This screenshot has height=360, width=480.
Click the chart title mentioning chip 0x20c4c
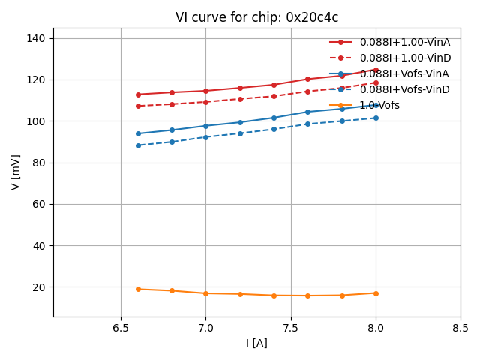256,17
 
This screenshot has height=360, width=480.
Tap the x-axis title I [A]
256,343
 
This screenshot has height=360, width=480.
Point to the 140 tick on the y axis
39,38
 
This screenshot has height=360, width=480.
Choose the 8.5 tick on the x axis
460,328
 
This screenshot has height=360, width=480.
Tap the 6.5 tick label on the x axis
121,328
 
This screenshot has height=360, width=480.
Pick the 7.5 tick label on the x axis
291,328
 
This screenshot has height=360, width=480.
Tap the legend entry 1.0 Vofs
379,105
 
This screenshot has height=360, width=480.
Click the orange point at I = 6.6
138,289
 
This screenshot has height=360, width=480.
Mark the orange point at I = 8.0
376,293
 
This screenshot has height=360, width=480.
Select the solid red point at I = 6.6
138,94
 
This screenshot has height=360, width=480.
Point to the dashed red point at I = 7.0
205,102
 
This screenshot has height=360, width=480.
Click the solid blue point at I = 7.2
240,122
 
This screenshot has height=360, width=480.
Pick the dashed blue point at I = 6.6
138,145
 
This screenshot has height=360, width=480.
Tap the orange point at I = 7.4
274,295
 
